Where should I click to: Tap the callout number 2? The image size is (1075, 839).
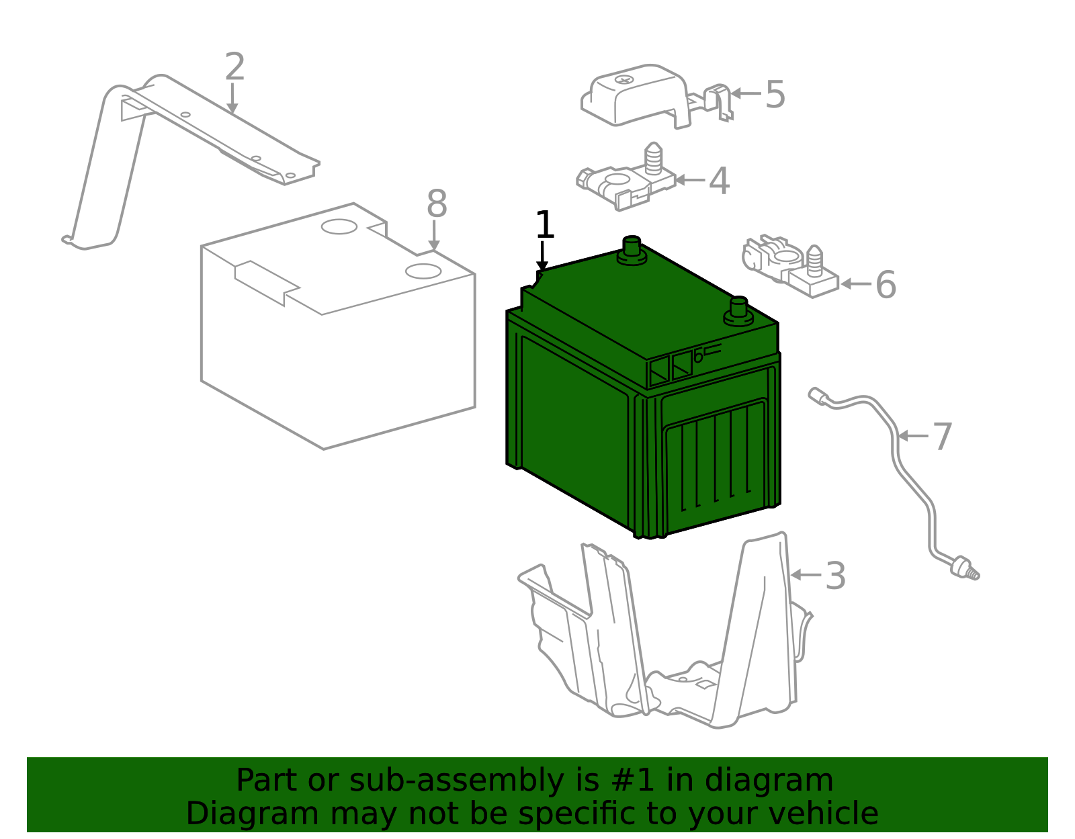click(x=234, y=67)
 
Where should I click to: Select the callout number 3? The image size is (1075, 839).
click(x=835, y=576)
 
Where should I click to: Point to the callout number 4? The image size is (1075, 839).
click(x=719, y=181)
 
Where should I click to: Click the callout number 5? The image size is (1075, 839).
click(x=775, y=95)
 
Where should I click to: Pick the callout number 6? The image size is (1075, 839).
click(x=886, y=285)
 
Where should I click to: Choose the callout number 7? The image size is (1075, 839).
click(x=942, y=437)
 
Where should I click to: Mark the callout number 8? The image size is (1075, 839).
click(x=437, y=204)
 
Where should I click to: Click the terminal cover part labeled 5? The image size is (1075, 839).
click(x=638, y=97)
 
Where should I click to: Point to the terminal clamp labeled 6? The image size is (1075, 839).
click(x=789, y=265)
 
